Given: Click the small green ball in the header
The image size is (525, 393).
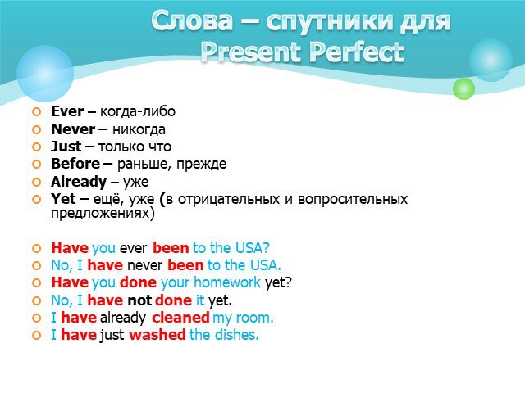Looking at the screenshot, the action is pyautogui.click(x=463, y=88).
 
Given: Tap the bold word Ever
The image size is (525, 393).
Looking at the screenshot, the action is pyautogui.click(x=67, y=111).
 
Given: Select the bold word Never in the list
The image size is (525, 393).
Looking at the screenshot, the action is pyautogui.click(x=73, y=129).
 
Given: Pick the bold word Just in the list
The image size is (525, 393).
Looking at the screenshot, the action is pyautogui.click(x=66, y=147).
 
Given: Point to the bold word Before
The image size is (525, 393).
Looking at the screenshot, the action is pyautogui.click(x=75, y=164).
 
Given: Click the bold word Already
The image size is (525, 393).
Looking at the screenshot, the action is pyautogui.click(x=79, y=182).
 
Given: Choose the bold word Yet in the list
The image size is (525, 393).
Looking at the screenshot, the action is pyautogui.click(x=63, y=199).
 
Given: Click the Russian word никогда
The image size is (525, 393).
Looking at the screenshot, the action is pyautogui.click(x=139, y=129).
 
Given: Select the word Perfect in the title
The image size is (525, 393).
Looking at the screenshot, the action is pyautogui.click(x=357, y=52).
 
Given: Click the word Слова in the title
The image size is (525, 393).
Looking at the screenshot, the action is pyautogui.click(x=192, y=20).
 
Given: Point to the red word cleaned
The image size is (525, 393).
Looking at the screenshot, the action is pyautogui.click(x=180, y=317).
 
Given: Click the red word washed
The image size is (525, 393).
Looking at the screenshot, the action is pyautogui.click(x=157, y=335).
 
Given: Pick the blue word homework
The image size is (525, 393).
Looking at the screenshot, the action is pyautogui.click(x=227, y=282).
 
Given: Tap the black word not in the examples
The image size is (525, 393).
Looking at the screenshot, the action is pyautogui.click(x=139, y=300).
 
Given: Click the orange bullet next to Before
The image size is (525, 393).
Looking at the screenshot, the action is pyautogui.click(x=36, y=164).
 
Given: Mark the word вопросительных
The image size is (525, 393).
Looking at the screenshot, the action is pyautogui.click(x=353, y=199).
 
